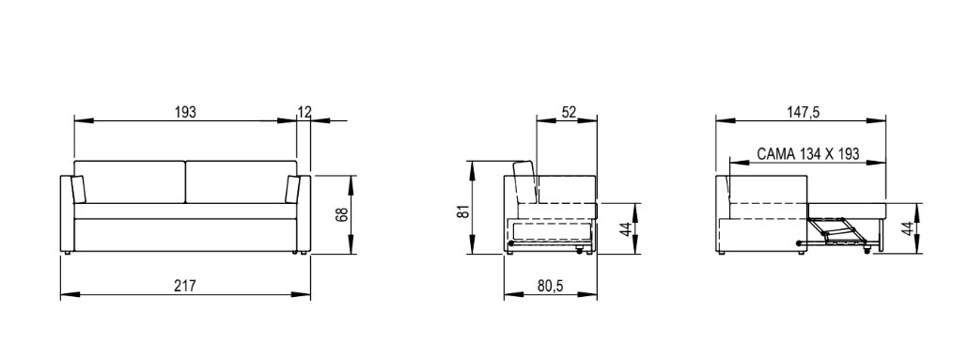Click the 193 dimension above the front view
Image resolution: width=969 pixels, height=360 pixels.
coord(185,112)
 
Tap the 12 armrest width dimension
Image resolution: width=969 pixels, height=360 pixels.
coord(305,112)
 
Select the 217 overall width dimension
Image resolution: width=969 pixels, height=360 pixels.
coord(185,286)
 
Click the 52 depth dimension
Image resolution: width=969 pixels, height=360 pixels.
coord(569,112)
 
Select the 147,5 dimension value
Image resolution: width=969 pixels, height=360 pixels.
coord(804,112)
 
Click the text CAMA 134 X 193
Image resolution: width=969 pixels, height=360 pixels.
coord(807,154)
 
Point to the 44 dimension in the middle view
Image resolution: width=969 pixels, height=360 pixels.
coord(626,228)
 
